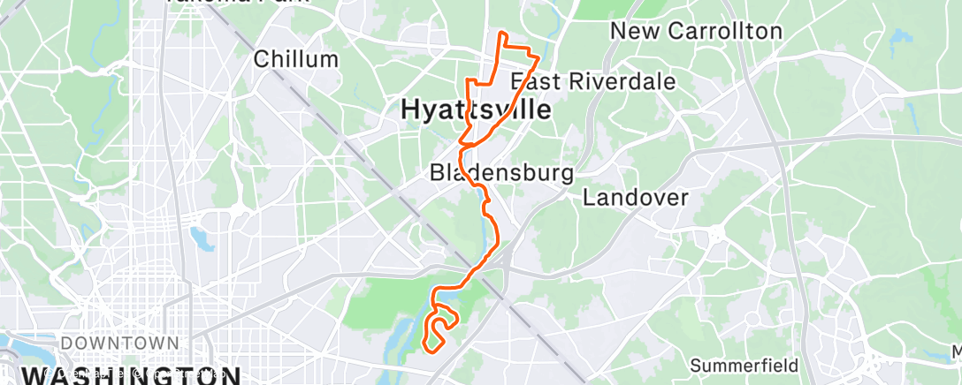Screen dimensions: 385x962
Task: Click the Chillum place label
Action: click(296, 59)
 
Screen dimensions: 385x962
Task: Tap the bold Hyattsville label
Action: click(475, 110)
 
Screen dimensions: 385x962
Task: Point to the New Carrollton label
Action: click(697, 31)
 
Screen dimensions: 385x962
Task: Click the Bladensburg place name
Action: click(501, 172)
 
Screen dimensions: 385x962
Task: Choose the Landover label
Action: click(635, 197)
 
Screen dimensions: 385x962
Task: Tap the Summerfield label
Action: click(744, 365)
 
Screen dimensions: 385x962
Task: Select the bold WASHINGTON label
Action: click(133, 375)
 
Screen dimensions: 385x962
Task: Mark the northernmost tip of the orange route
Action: click(502, 33)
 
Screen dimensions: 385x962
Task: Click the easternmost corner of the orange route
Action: click(538, 57)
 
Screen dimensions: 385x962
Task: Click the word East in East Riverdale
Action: click(534, 82)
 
